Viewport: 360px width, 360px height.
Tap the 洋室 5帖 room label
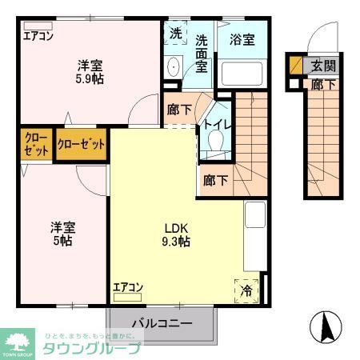click(x=62, y=233)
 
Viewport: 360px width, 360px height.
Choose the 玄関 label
click(x=324, y=66)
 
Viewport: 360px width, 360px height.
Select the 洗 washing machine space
click(x=176, y=34)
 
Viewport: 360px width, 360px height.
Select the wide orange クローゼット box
click(x=82, y=145)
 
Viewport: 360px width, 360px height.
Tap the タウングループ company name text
click(x=92, y=349)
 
